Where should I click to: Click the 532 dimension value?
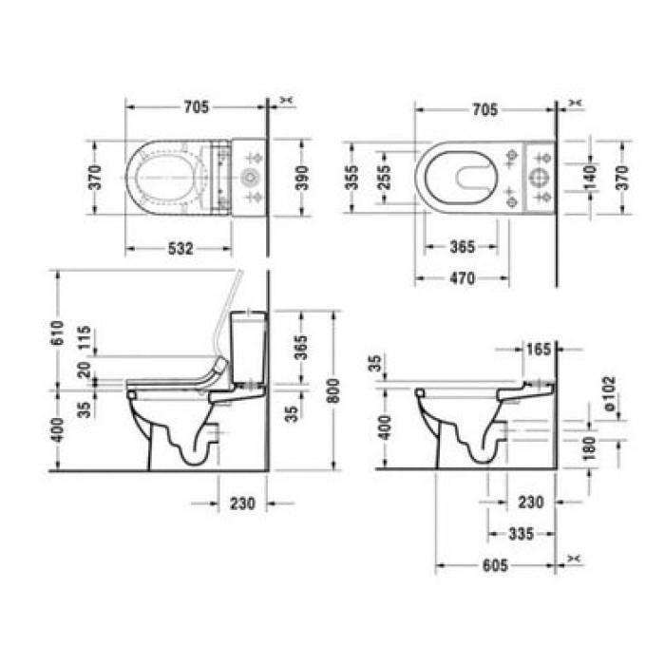point(180,249)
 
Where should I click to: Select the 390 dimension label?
point(302,178)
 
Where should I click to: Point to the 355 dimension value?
point(352,178)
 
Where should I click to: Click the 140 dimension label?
point(589,177)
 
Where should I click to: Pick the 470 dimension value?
point(462,279)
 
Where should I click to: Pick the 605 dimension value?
point(494,565)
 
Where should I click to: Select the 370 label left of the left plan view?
point(95,178)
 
